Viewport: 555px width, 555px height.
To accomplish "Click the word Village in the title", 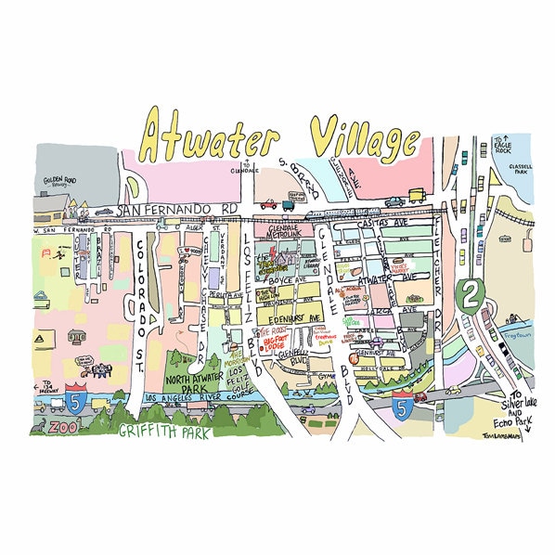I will pos(364,139).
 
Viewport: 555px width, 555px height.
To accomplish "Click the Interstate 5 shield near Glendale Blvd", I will pos(402,408).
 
